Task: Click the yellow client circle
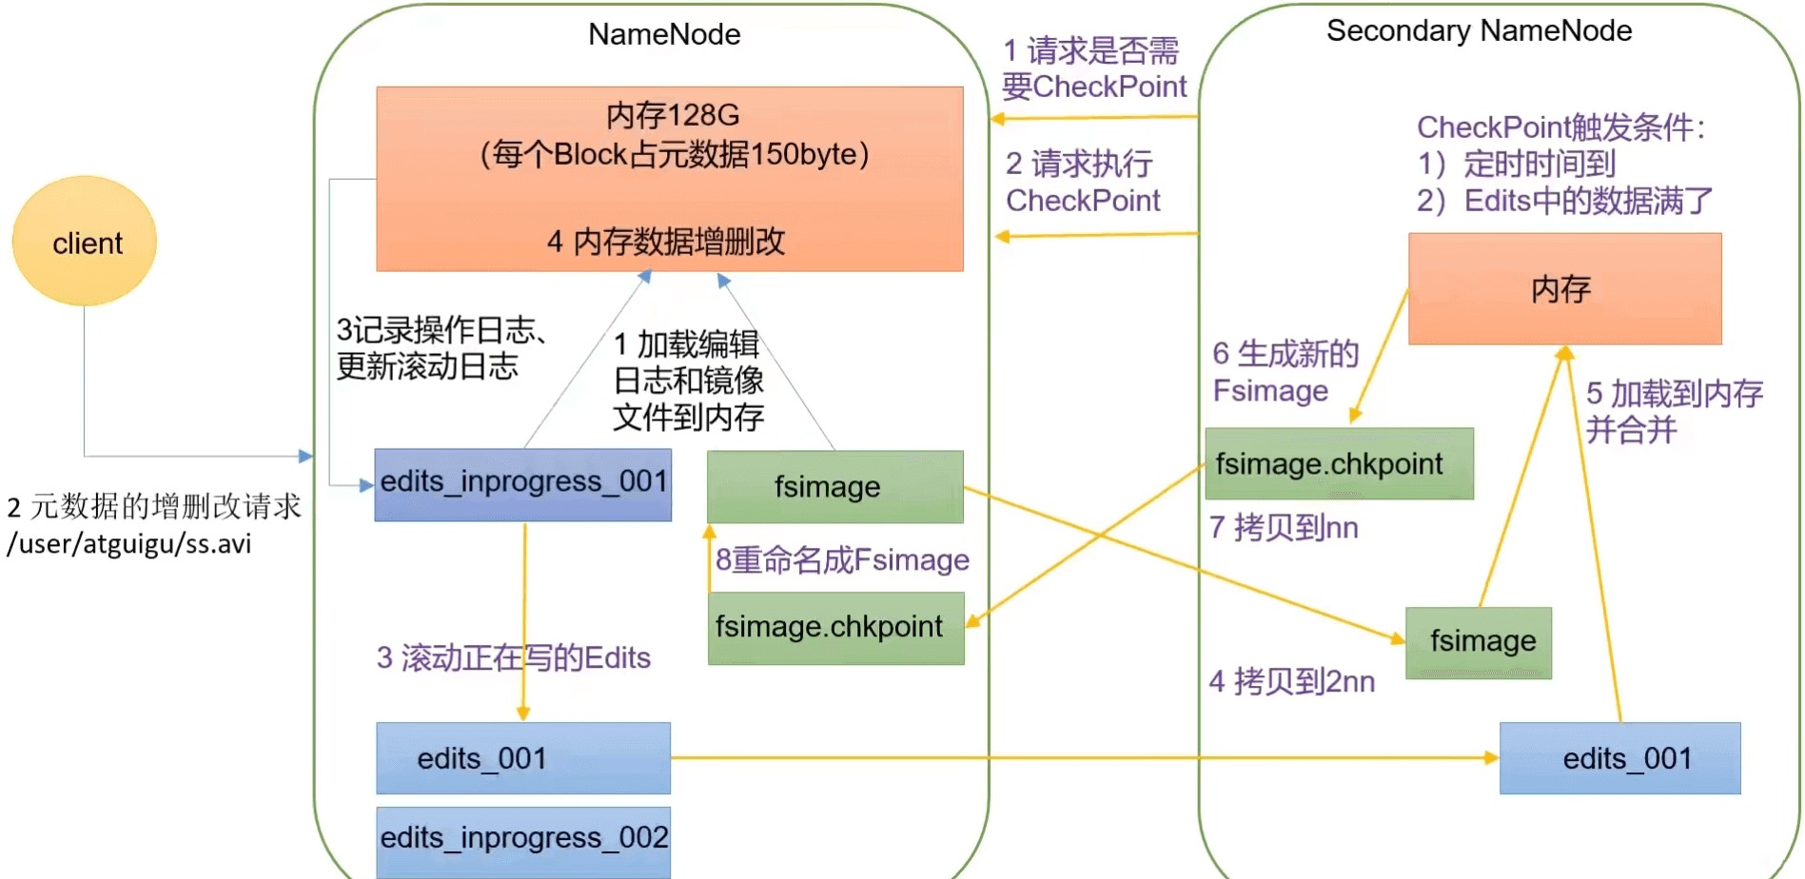point(85,242)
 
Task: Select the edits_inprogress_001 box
point(523,484)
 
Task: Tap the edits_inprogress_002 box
point(523,840)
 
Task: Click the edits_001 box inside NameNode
point(523,758)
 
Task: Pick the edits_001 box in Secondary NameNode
point(1619,758)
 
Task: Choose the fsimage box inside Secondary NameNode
point(1479,642)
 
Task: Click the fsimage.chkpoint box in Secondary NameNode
point(1339,464)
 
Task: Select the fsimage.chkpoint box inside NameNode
point(835,628)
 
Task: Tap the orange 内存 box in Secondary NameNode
point(1564,289)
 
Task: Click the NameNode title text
point(664,34)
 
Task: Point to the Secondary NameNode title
point(1479,31)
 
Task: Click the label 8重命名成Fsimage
point(842,560)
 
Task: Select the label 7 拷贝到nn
point(1284,528)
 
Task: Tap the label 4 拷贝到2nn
point(1291,681)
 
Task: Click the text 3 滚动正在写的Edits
point(514,657)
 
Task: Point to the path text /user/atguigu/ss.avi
point(129,544)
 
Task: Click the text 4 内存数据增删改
point(666,242)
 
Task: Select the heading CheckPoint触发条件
point(1560,127)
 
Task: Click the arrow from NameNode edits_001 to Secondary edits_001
point(1085,758)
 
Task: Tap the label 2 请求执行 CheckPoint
point(1083,183)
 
